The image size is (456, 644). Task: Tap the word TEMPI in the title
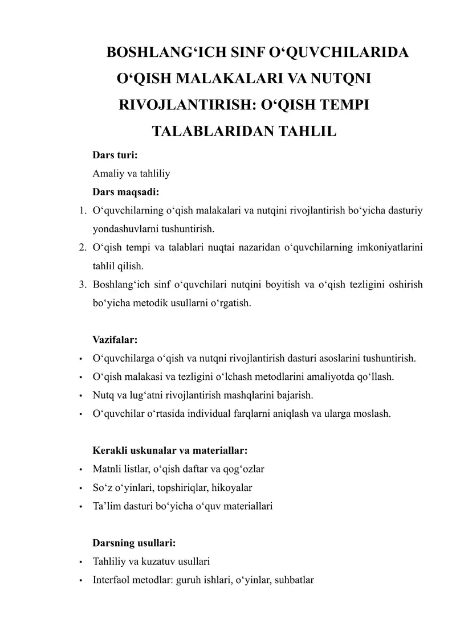click(344, 106)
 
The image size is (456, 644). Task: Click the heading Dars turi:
click(115, 155)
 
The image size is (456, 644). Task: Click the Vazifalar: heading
click(115, 339)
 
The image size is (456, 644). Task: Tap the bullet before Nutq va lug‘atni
click(82, 395)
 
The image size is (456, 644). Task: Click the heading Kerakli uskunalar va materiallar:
click(170, 450)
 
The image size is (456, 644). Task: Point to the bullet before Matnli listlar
click(82, 469)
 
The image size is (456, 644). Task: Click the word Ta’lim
click(106, 506)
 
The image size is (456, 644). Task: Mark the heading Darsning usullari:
click(134, 543)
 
